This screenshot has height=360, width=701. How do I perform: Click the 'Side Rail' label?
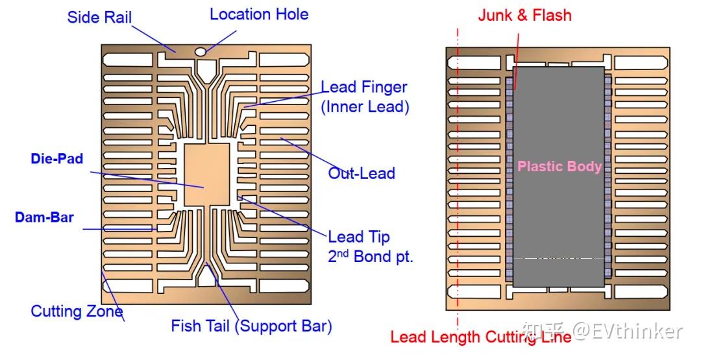click(x=99, y=16)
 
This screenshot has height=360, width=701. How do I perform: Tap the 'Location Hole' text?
click(x=259, y=14)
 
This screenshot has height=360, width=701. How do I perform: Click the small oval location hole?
click(x=201, y=51)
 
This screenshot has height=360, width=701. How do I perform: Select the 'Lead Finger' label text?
click(x=364, y=87)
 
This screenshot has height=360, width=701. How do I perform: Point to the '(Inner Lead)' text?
click(x=365, y=107)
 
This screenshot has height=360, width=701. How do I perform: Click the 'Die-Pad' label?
click(x=57, y=158)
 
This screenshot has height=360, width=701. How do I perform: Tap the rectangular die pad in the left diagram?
click(x=206, y=174)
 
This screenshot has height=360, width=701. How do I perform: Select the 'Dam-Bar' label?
click(x=44, y=218)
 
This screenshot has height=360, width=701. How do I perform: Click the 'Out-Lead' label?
click(x=361, y=173)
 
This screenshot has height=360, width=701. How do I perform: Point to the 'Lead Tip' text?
click(x=358, y=237)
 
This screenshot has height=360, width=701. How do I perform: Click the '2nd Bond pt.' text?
click(x=370, y=256)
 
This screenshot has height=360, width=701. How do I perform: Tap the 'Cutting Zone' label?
click(x=77, y=311)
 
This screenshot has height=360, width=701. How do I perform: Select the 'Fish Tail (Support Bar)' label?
click(x=251, y=326)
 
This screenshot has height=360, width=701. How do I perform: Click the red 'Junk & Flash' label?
click(x=524, y=16)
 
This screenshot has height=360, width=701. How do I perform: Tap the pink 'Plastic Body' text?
click(x=559, y=167)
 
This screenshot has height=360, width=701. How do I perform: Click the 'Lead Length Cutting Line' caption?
click(x=480, y=337)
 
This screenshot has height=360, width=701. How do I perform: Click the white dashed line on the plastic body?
click(x=558, y=258)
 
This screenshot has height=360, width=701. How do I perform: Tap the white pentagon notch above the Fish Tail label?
click(x=206, y=278)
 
